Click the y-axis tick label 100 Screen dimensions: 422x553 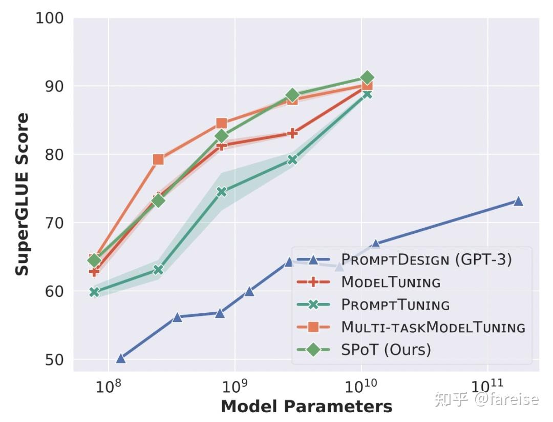coord(49,18)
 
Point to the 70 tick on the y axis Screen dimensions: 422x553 coord(53,223)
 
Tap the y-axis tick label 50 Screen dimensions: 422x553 coord(53,359)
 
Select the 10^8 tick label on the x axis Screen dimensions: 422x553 coord(108,385)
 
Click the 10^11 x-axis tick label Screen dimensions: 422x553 coord(487,385)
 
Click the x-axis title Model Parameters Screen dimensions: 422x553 coord(306,407)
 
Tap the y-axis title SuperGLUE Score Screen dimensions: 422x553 coord(22,194)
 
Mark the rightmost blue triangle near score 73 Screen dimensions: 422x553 coord(518,201)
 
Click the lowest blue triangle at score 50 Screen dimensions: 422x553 coord(121,358)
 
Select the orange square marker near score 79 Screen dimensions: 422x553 coord(158,159)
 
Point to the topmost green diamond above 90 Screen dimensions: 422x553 coord(367,77)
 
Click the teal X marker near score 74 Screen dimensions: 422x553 coord(221,192)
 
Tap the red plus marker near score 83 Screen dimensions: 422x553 coord(292,133)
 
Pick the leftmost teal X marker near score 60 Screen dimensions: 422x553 coord(94,292)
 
